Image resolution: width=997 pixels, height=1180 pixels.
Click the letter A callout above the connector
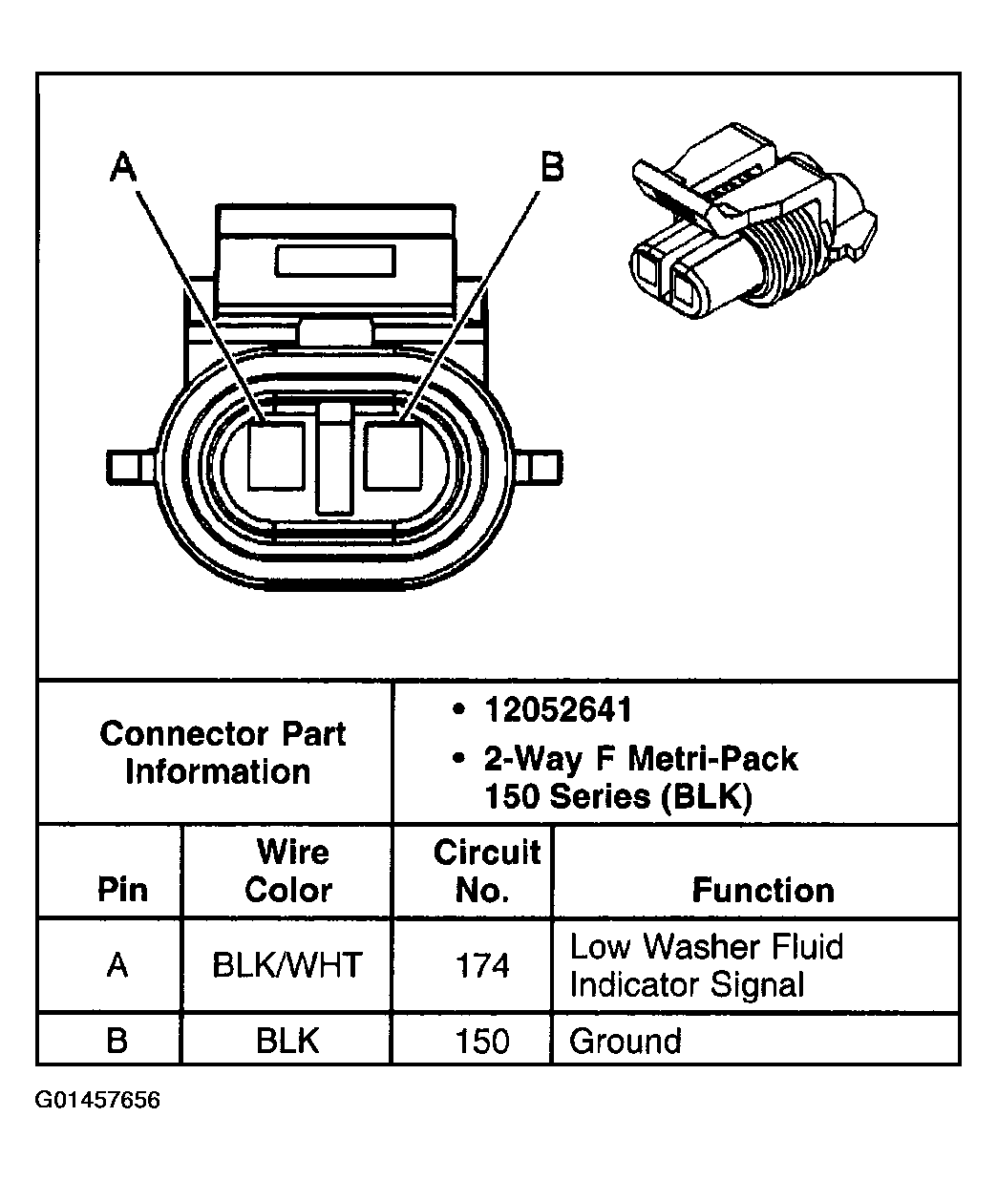tap(123, 168)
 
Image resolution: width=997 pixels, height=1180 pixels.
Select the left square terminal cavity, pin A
tap(276, 456)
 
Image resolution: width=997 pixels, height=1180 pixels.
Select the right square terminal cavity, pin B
tap(392, 456)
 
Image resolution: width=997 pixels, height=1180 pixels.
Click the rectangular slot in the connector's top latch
tap(334, 262)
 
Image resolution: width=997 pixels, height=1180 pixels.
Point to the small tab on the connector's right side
tap(541, 467)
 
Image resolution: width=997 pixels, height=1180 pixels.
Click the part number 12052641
tap(559, 709)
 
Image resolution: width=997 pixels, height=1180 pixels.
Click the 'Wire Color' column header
tap(288, 871)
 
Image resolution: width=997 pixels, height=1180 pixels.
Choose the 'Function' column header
tap(762, 890)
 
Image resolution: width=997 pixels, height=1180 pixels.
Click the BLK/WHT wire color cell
tap(287, 965)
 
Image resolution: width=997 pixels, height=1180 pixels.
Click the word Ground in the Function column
tap(626, 1040)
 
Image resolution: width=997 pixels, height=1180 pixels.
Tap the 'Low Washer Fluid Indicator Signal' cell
tap(706, 965)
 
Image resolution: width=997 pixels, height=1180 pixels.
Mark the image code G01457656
tap(98, 1100)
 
